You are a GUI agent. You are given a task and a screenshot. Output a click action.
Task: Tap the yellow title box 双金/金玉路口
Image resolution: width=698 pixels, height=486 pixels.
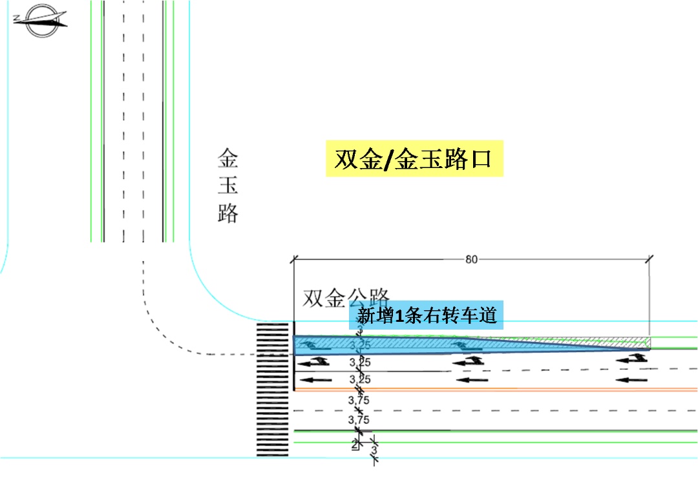coord(414,158)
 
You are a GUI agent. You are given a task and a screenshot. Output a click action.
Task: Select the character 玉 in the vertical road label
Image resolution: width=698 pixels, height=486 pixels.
coord(227,185)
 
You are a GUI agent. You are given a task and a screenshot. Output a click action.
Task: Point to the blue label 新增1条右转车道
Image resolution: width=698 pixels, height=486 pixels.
coord(427,316)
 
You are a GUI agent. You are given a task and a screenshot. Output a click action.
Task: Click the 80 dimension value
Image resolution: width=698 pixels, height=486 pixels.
coord(472,260)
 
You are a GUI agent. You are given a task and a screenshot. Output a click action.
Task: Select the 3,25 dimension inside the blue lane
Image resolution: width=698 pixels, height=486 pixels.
coord(359,345)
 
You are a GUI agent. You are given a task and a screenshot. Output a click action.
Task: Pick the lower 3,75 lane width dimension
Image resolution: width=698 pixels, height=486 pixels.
coord(359,419)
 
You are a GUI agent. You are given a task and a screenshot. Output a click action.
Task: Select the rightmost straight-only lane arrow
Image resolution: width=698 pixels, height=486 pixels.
coord(631,379)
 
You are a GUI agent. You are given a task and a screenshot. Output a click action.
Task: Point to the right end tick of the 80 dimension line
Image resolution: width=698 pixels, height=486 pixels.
coord(649,260)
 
